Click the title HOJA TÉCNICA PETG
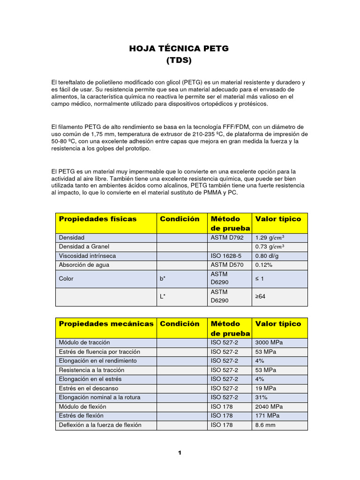pyautogui.click(x=179, y=49)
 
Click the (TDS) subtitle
pyautogui.click(x=179, y=60)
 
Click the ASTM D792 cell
pyautogui.click(x=227, y=238)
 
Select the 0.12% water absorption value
pyautogui.click(x=263, y=265)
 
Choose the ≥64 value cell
pyautogui.click(x=261, y=297)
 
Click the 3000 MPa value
pyautogui.click(x=269, y=343)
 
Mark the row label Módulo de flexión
pyautogui.click(x=83, y=406)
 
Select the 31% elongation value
pyautogui.click(x=261, y=397)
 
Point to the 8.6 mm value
pyautogui.click(x=265, y=425)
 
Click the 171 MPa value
pyautogui.click(x=267, y=416)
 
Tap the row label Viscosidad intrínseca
pyautogui.click(x=88, y=256)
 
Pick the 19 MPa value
pyautogui.click(x=265, y=388)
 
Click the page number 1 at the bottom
pyautogui.click(x=179, y=453)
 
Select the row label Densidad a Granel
pyautogui.click(x=84, y=247)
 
